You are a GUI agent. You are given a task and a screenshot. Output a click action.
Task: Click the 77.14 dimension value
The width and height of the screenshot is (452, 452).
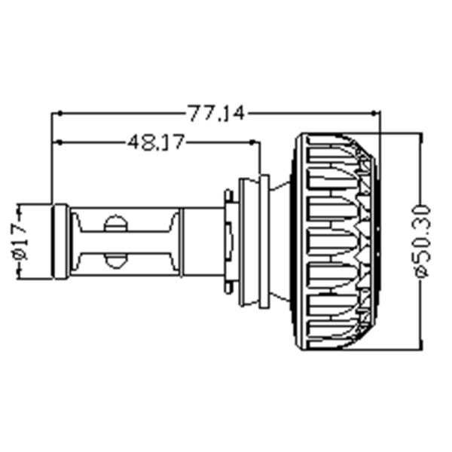pos(215,114)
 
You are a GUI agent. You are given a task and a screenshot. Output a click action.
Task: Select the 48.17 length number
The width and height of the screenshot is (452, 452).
pos(155,142)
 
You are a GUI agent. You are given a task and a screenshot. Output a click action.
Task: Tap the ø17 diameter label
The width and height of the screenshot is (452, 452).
pos(20,240)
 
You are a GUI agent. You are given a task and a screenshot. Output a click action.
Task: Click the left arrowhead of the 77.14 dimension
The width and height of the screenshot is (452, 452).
pos(56,114)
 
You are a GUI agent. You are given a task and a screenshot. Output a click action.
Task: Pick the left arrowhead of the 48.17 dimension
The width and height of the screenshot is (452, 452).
pos(56,142)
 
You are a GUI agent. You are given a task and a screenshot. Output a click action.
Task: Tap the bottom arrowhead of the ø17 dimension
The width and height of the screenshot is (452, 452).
pos(20,274)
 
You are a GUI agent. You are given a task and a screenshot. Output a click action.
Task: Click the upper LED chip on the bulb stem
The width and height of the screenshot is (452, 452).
pos(115,223)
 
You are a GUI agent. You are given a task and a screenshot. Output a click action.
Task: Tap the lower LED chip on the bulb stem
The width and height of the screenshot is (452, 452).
pos(115,260)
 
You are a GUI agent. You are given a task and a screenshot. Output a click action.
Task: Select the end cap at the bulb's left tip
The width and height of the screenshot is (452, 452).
pos(60,241)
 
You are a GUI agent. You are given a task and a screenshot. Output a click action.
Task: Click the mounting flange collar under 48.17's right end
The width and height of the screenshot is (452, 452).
pos(253,241)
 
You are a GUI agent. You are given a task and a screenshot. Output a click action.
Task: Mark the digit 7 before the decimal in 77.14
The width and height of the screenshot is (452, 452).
pos(204,114)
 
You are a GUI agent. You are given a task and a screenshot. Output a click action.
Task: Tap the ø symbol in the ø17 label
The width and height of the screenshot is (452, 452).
pos(20,254)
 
